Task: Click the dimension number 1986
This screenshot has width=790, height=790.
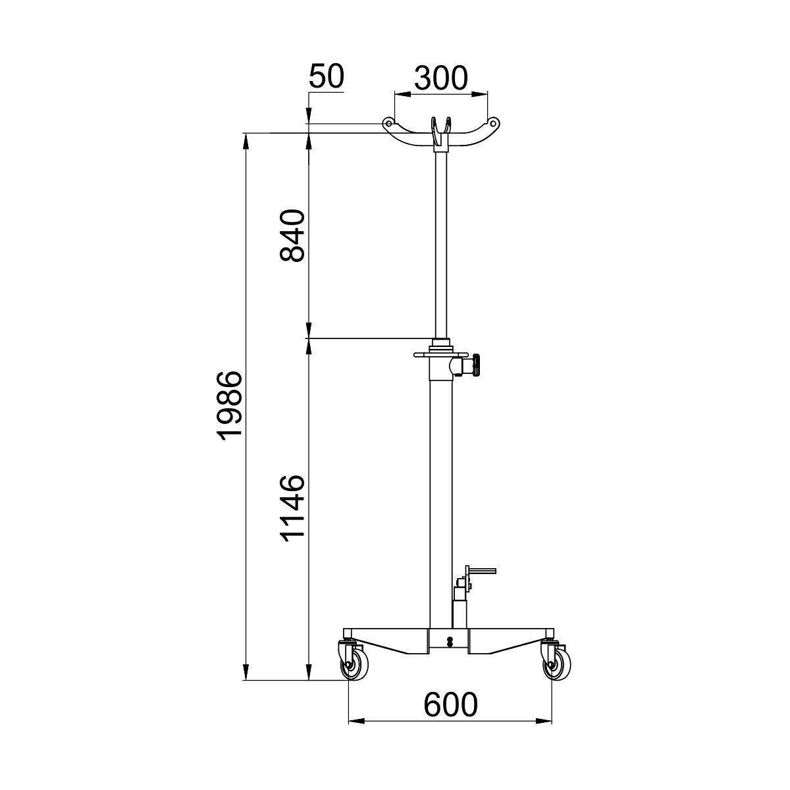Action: [x=230, y=406]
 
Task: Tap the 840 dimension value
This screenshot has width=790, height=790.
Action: [x=292, y=236]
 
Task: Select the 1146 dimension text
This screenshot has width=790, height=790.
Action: [x=292, y=509]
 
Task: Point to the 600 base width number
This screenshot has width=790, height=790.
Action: [x=450, y=704]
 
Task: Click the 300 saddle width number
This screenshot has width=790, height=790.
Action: [x=440, y=78]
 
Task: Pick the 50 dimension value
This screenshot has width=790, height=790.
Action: [x=327, y=76]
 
